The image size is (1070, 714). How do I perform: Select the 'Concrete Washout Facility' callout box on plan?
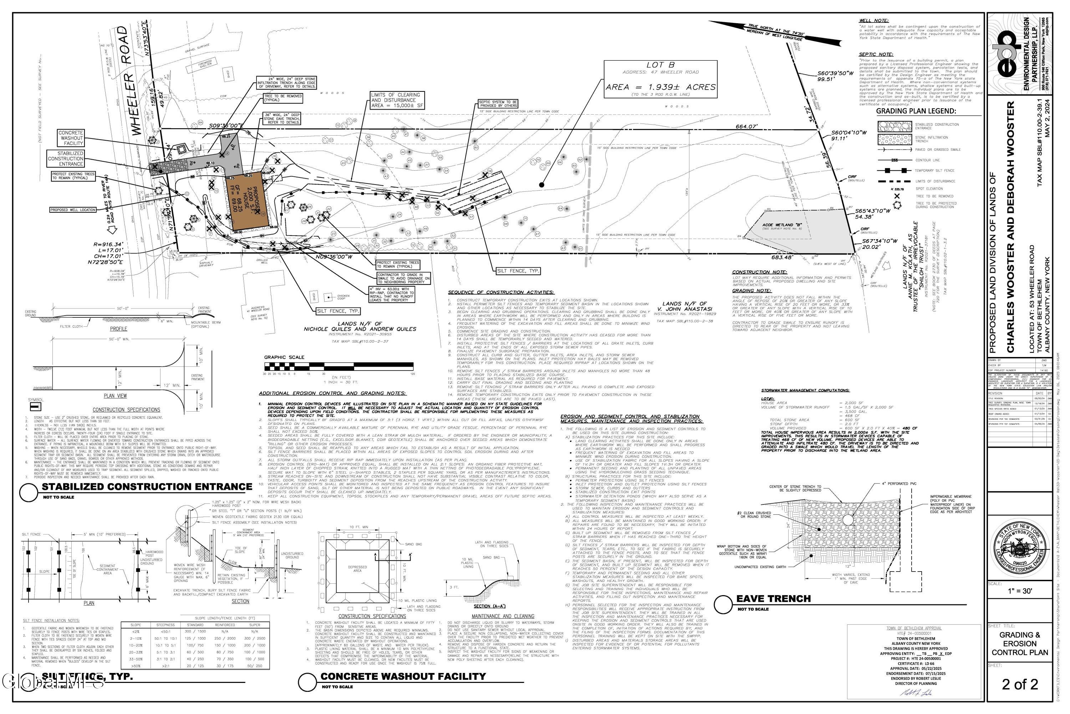pyautogui.click(x=71, y=138)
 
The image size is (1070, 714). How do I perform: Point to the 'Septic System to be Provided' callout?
pyautogui.click(x=498, y=104)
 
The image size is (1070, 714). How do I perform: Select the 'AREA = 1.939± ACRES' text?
pyautogui.click(x=661, y=87)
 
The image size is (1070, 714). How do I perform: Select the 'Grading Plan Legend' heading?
pyautogui.click(x=916, y=111)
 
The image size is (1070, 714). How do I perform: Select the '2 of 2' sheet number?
pyautogui.click(x=1020, y=684)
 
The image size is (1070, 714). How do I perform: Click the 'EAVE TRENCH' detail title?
pyautogui.click(x=773, y=598)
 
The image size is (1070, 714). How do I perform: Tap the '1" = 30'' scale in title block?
pyautogui.click(x=1020, y=604)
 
